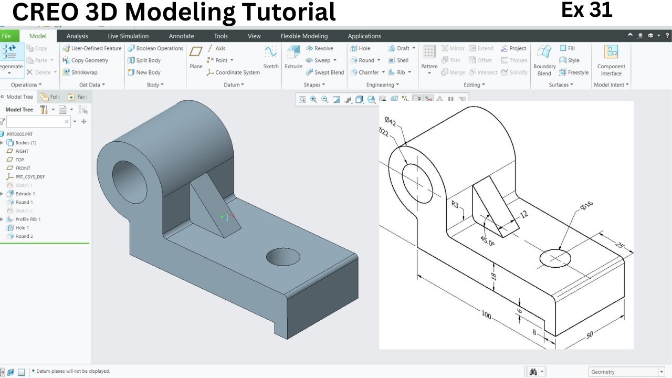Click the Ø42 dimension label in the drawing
pos(390,123)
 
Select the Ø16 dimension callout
pos(586,206)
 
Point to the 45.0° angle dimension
pos(487,240)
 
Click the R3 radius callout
pos(457,205)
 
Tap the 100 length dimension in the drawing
pos(486,315)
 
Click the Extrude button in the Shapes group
pos(293,58)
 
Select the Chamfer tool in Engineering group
pos(367,72)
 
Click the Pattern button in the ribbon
pos(429,59)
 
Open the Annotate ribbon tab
pos(181,36)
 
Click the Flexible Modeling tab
pos(304,36)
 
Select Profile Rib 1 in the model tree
pos(27,219)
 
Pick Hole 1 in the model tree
pos(22,228)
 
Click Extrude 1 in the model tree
pos(25,194)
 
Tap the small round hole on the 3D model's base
pos(283,257)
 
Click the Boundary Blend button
pos(544,59)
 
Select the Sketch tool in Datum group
pos(271,57)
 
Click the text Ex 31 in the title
pos(586,10)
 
